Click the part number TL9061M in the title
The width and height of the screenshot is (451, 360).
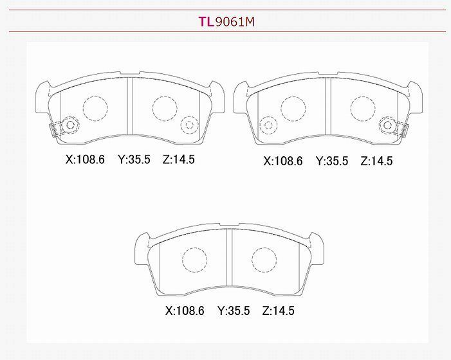click(x=226, y=22)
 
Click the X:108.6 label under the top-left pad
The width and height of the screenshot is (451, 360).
click(x=85, y=159)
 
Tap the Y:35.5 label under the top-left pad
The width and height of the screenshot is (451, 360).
click(x=134, y=159)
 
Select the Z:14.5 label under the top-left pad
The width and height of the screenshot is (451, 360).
click(x=179, y=159)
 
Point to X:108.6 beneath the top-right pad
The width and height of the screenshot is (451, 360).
click(x=283, y=161)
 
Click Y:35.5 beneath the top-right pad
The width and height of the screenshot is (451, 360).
click(x=332, y=161)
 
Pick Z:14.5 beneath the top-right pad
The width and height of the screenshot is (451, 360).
click(x=376, y=161)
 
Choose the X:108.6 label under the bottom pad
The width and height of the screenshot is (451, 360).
click(x=185, y=311)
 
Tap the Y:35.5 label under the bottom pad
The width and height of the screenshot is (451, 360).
click(x=234, y=311)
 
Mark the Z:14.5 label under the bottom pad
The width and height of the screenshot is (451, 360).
click(x=278, y=311)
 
